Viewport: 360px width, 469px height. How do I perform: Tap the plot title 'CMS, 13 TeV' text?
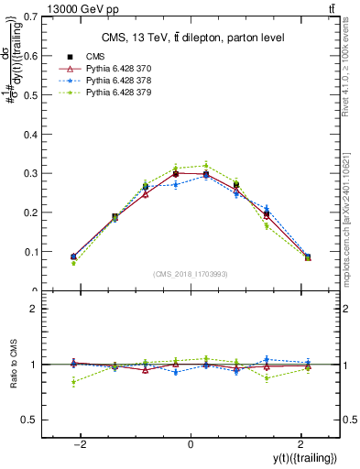191,37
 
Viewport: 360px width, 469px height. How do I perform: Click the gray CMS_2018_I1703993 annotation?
191,273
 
